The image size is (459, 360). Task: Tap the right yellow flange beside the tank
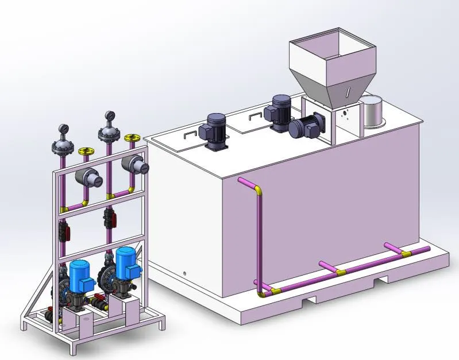tap(132, 138)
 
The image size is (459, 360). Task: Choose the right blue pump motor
tap(125, 261)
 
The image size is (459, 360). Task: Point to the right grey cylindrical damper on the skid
tap(138, 165)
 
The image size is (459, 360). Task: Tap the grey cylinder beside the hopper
tap(373, 111)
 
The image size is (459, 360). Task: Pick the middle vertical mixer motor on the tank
tap(281, 111)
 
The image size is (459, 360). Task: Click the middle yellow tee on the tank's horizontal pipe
tap(341, 272)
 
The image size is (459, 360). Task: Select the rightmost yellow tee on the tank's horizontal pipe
tap(406, 253)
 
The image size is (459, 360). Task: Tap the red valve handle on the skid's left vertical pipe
tap(68, 233)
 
